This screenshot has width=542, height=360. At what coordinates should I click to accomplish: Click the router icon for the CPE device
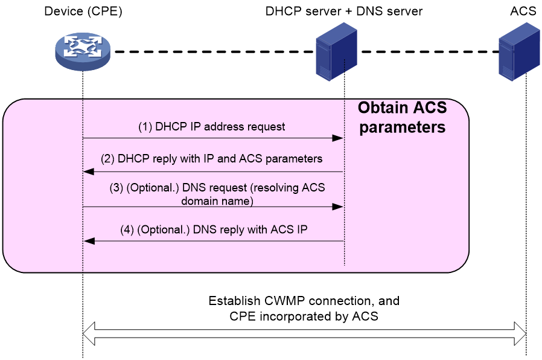point(83,51)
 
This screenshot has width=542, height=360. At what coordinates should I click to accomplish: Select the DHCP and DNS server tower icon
point(336,52)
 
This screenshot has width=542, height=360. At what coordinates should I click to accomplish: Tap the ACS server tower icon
point(519,52)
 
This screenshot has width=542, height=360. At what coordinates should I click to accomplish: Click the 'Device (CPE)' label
point(83,11)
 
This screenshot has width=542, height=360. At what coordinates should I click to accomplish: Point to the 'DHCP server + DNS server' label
point(343,11)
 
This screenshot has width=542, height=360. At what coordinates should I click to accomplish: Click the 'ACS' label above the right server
point(523,11)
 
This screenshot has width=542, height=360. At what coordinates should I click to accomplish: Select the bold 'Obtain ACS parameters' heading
point(403,118)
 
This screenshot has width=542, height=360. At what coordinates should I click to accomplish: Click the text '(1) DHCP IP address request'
point(211,127)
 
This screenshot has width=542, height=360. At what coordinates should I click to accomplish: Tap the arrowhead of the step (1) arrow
point(337,138)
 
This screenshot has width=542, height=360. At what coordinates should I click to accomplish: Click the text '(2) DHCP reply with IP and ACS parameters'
point(211,159)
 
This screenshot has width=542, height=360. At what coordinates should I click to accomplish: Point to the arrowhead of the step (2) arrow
point(89,172)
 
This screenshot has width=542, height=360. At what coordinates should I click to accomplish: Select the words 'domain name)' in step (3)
point(217,201)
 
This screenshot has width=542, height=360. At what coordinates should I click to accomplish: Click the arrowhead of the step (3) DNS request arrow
point(337,207)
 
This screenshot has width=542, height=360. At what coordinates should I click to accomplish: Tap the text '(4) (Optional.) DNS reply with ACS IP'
point(214,230)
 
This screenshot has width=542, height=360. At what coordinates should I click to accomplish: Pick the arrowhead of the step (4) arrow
point(89,241)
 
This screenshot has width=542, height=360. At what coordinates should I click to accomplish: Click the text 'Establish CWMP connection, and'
point(304,301)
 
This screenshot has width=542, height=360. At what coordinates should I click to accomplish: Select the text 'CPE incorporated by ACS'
point(304,317)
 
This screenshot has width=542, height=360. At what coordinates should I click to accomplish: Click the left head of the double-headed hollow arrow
point(89,333)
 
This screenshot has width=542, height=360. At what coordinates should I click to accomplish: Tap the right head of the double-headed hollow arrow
point(520,333)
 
